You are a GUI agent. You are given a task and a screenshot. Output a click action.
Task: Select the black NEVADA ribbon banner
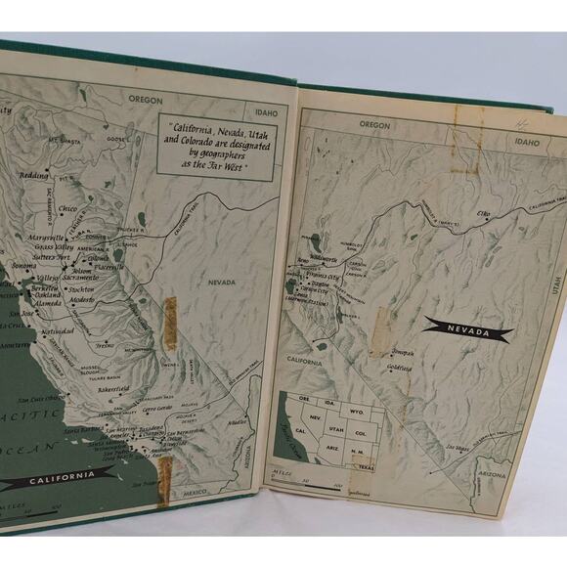[x=468, y=331]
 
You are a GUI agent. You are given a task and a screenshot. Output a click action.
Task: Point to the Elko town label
[x=484, y=213]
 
